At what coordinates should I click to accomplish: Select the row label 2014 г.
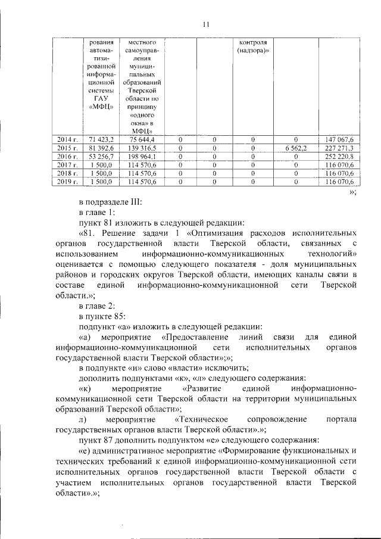(64, 139)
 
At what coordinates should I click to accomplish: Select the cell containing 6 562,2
(296, 148)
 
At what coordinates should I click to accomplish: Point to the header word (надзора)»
(252, 52)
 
